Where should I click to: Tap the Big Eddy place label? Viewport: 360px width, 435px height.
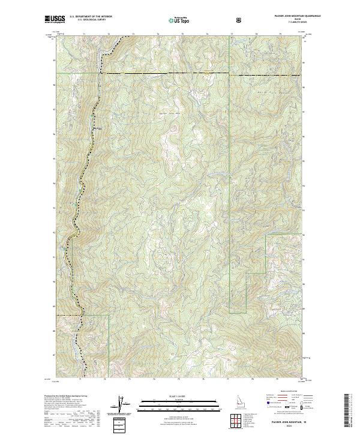tap(98, 127)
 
